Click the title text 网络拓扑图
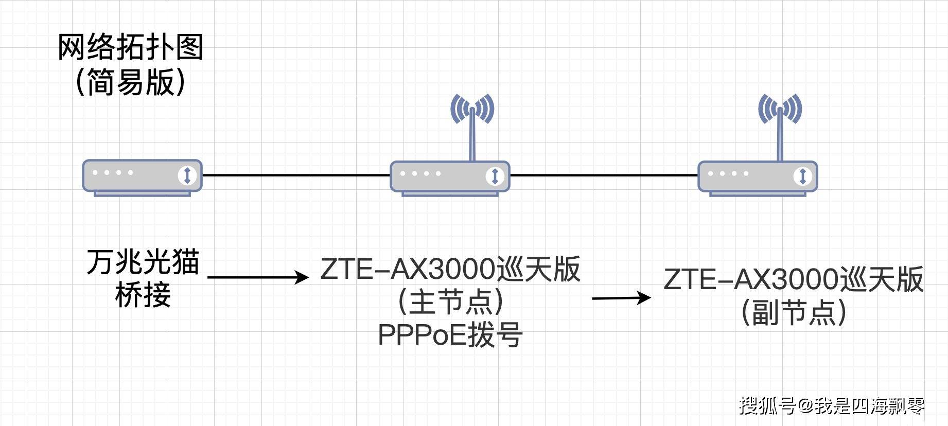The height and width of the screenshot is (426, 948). (x=131, y=47)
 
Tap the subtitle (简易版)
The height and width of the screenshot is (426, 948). (x=131, y=82)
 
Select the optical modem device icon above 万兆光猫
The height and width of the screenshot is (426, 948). (x=142, y=175)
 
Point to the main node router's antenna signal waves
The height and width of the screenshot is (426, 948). (x=472, y=109)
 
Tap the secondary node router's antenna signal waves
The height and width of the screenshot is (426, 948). (x=780, y=109)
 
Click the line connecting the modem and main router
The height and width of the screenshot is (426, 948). (x=296, y=175)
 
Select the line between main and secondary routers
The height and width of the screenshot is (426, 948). (x=603, y=175)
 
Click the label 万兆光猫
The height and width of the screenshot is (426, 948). (x=143, y=262)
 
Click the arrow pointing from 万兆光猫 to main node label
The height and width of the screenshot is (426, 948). (x=257, y=278)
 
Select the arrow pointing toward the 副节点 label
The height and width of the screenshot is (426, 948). (x=621, y=297)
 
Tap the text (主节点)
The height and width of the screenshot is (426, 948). (x=450, y=301)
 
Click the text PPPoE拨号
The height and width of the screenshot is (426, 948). (x=450, y=334)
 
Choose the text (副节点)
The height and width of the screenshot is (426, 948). (x=794, y=312)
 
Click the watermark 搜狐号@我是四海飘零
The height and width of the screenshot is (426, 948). (x=832, y=406)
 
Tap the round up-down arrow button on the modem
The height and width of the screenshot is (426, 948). (x=187, y=175)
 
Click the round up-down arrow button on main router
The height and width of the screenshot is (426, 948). (x=495, y=176)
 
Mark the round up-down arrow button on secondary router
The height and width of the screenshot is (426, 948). (x=802, y=176)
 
